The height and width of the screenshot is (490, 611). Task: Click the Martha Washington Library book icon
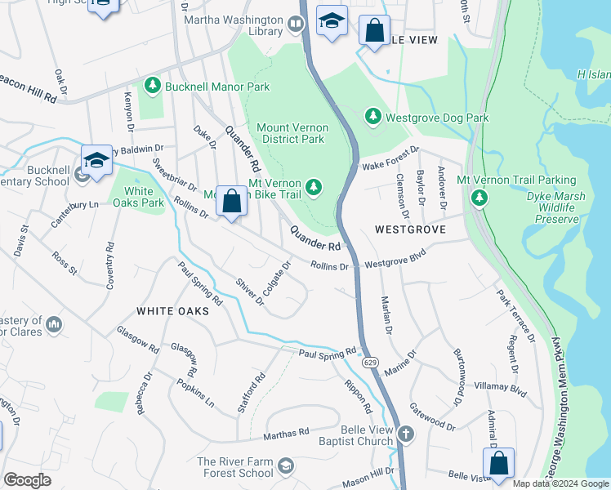pos(296,26)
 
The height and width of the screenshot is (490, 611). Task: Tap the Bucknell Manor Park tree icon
pos(151,86)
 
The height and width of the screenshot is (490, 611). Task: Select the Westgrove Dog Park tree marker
pos(372,118)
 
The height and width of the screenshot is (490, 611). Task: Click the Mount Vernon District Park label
pos(292,133)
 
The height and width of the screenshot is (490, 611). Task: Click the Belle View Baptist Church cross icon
pos(405,434)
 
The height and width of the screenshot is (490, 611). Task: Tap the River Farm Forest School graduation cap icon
pos(285,466)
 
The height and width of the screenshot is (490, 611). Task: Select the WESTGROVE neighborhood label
pos(410,230)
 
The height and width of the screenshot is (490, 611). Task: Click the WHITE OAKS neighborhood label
pos(172,311)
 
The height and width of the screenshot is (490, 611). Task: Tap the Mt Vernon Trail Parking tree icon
pos(479,198)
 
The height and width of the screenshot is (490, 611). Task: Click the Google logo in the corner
pos(27,480)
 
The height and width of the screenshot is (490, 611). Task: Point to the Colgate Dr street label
pos(278,278)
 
